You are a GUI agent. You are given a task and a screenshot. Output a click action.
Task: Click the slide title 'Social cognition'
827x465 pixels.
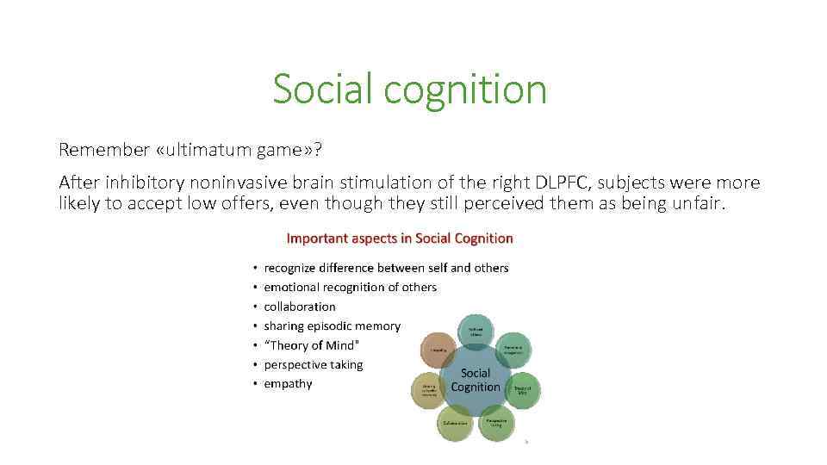tap(409, 89)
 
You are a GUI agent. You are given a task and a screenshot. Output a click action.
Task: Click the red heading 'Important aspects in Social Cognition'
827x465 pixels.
tap(399, 239)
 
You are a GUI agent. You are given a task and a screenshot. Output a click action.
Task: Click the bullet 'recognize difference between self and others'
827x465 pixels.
tap(386, 268)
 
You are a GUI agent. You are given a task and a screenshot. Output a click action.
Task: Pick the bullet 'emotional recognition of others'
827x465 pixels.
tap(350, 287)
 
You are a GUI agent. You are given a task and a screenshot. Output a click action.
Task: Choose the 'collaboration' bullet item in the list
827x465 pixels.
tap(300, 307)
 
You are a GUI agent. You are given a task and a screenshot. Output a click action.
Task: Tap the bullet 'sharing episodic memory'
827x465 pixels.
tap(332, 325)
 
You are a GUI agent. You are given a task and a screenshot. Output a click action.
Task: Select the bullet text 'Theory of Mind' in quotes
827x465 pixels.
tap(311, 345)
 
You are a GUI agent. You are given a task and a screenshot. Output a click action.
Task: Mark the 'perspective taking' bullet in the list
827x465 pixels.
tap(313, 364)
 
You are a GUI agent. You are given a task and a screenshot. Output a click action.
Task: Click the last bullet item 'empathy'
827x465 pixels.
tap(288, 384)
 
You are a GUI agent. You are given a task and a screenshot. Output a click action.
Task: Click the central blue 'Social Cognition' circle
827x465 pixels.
tap(476, 380)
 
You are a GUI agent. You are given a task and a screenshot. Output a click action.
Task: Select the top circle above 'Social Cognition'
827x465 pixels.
tap(476, 332)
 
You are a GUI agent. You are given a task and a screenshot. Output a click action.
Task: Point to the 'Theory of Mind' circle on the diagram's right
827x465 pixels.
tap(522, 389)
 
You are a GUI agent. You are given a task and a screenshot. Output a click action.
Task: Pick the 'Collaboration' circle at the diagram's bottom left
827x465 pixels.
tap(455, 423)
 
